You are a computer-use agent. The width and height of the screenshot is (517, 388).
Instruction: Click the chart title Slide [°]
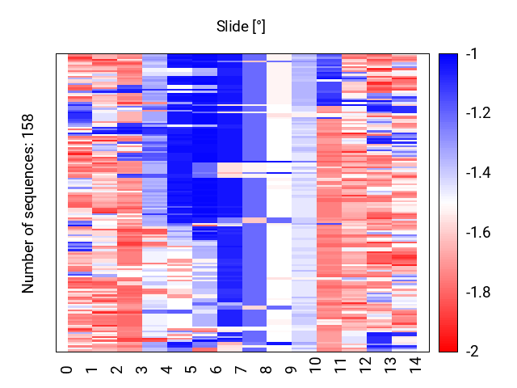pyautogui.click(x=241, y=27)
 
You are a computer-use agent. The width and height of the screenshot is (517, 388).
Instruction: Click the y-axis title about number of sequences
pyautogui.click(x=28, y=203)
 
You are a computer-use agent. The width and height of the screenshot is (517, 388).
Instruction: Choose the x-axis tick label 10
pyautogui.click(x=316, y=365)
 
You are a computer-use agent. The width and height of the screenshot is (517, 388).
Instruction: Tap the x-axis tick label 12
pyautogui.click(x=366, y=365)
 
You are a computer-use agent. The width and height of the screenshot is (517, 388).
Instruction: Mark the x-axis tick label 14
pyautogui.click(x=415, y=365)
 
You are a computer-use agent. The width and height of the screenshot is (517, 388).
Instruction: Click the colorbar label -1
pyautogui.click(x=472, y=54)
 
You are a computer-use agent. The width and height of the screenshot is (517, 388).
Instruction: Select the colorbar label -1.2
pyautogui.click(x=478, y=113)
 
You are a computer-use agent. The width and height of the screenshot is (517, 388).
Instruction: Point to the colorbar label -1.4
pyautogui.click(x=478, y=172)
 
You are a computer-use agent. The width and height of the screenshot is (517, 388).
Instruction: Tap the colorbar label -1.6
pyautogui.click(x=478, y=233)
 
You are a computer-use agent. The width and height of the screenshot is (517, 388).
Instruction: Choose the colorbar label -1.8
pyautogui.click(x=478, y=293)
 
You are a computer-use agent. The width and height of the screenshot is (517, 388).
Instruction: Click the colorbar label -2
pyautogui.click(x=473, y=352)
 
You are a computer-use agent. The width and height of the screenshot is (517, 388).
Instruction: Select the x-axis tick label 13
pyautogui.click(x=391, y=365)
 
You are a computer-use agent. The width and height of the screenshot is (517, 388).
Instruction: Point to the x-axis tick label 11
pyautogui.click(x=341, y=365)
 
